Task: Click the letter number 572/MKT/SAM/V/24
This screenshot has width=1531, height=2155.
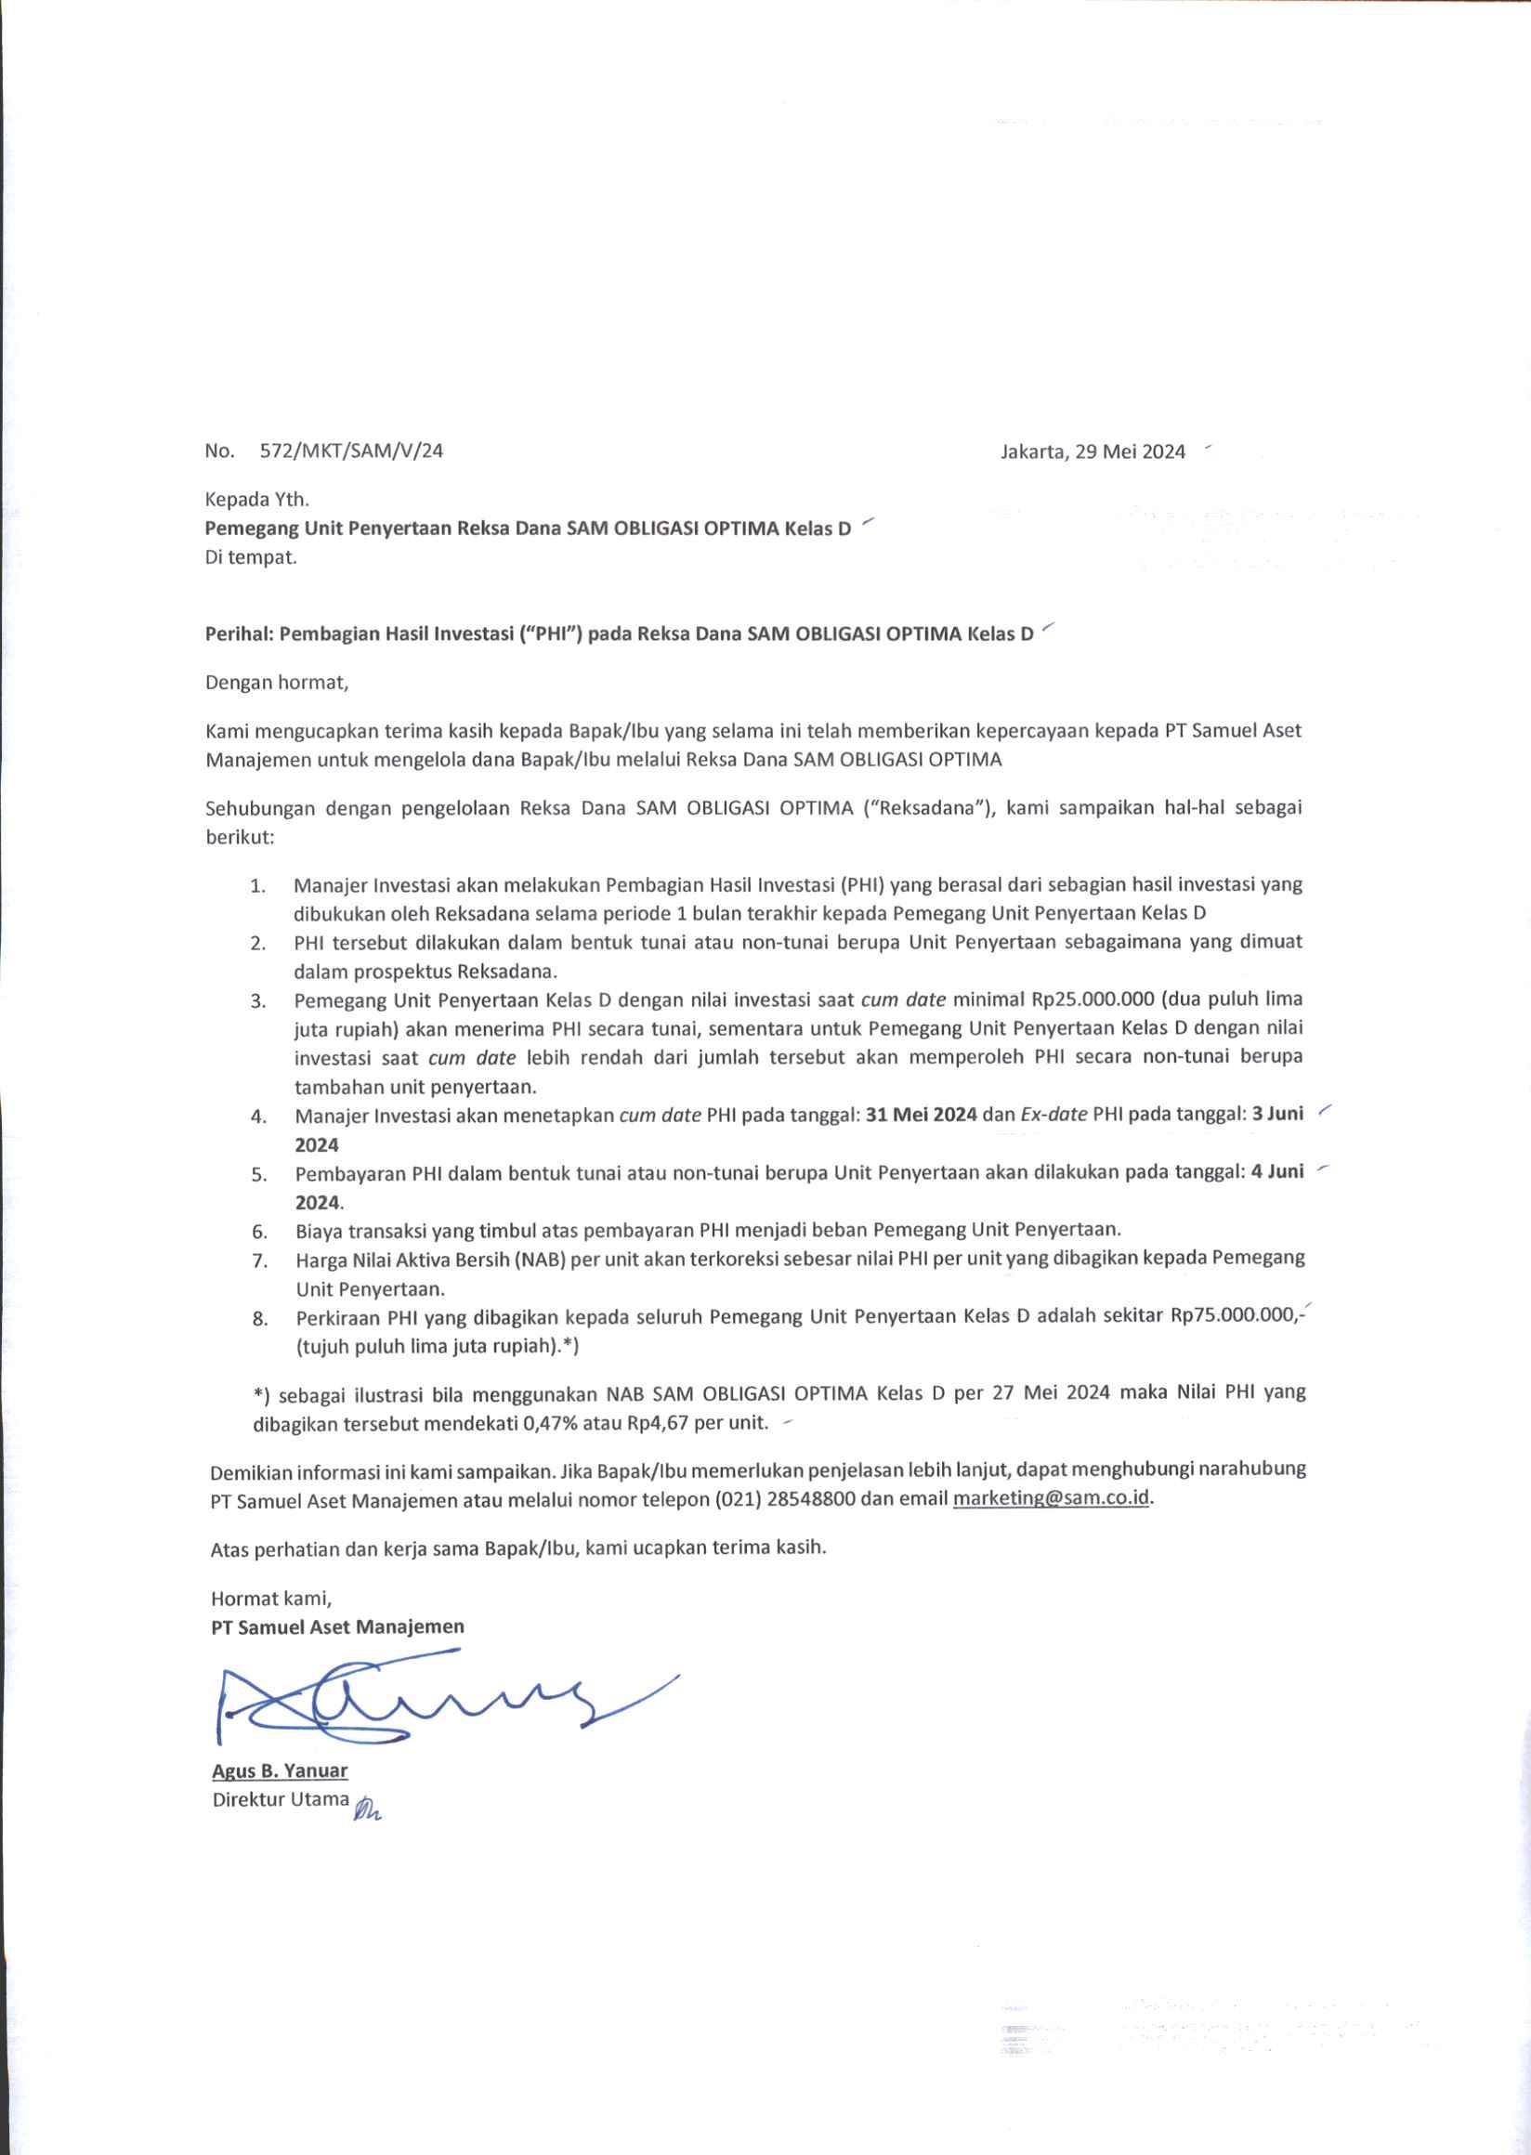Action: [x=350, y=451]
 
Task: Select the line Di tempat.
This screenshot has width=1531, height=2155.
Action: [x=251, y=556]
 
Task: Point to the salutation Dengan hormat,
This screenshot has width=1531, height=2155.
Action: [x=277, y=683]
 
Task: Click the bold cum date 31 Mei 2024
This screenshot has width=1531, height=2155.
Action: [x=921, y=1115]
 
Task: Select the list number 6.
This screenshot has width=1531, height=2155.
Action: [x=259, y=1231]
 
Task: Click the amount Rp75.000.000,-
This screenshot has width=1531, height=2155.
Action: [x=1235, y=1317]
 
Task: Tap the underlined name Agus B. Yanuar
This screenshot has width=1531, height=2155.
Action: [x=280, y=1770]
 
